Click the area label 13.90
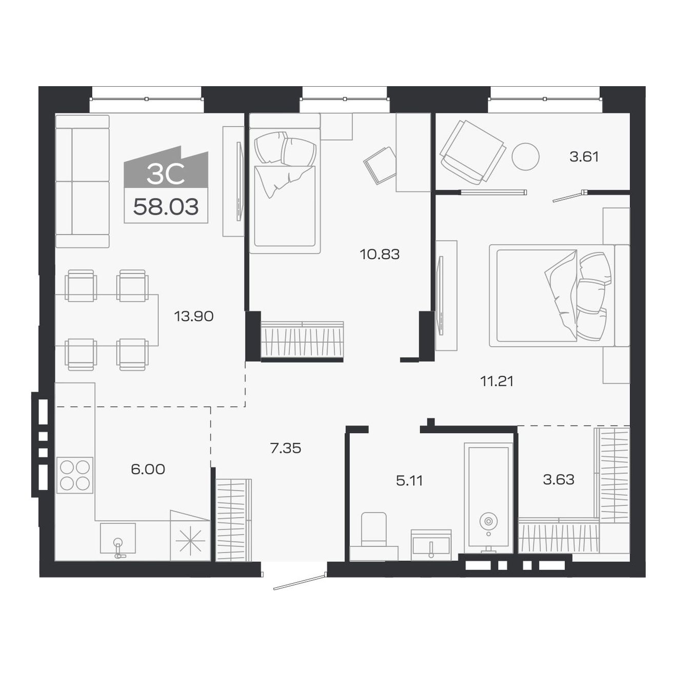pos(193,316)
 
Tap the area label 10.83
pos(380,254)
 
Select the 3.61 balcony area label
pos(584,156)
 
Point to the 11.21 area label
pos(496,381)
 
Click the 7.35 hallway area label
pos(285,448)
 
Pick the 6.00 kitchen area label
pos(148,469)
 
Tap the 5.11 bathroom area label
pos(409,481)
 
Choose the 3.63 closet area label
pos(559,480)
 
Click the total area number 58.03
pos(166,207)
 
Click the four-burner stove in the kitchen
pos(75,475)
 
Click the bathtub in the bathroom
pos(488,497)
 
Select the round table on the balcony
pos(525,156)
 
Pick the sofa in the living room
pos(82,182)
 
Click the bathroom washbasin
pos(431,545)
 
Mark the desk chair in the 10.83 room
pos(380,165)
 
